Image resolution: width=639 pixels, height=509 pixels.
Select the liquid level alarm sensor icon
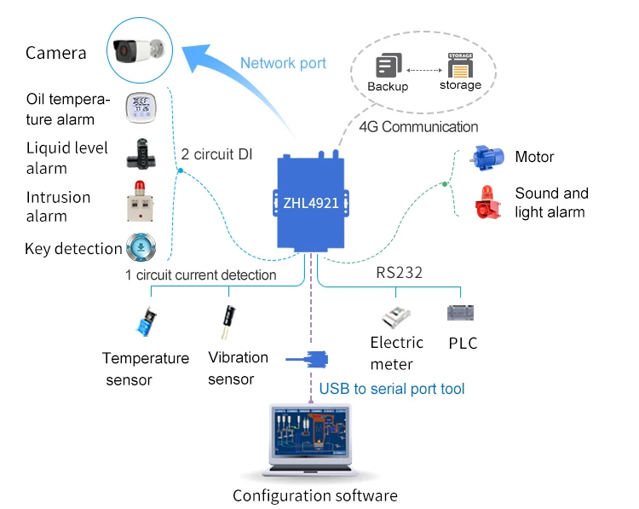click(142, 154)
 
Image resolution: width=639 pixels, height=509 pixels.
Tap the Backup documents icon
click(389, 66)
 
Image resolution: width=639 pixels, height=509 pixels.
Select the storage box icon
click(460, 65)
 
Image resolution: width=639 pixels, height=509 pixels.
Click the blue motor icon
click(489, 157)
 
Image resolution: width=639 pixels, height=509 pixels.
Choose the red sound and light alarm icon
click(489, 202)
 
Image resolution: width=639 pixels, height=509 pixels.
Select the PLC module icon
click(461, 313)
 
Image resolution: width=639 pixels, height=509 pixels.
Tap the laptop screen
click(315, 435)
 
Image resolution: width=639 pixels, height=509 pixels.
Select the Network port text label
click(283, 63)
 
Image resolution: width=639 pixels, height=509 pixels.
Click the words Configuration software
click(315, 495)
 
